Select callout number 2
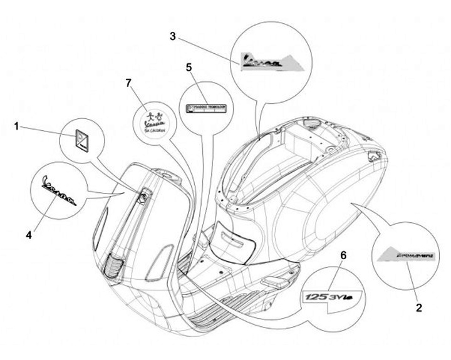pos(418,307)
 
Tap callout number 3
pos(172,36)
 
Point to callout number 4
pos(29,234)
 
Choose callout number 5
pos(189,66)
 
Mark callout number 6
pos(343,254)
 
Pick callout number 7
pos(130,83)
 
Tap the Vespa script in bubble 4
pos(56,190)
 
